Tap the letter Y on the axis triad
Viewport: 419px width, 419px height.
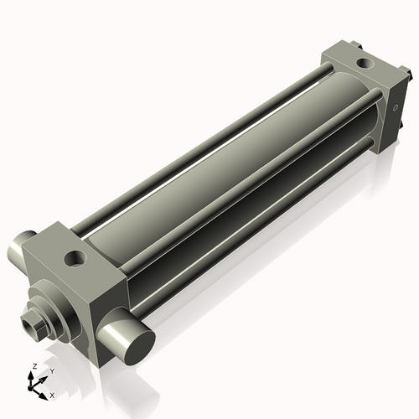(x=51, y=370)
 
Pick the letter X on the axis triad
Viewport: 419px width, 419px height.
(x=52, y=394)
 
